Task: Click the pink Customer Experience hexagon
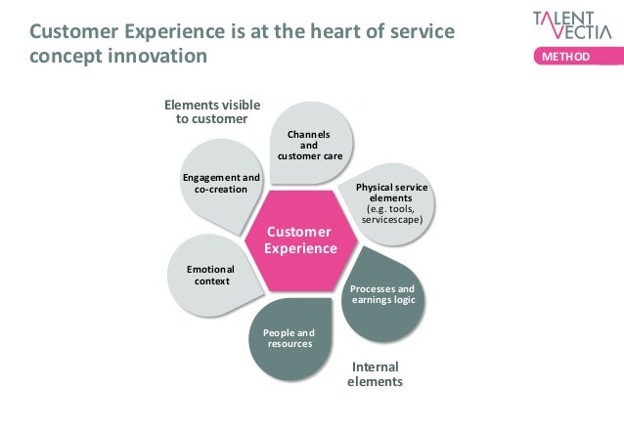(300, 240)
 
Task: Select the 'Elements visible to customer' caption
(205, 111)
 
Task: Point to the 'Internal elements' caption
(375, 374)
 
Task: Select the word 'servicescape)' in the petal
(391, 221)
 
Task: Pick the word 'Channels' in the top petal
(308, 133)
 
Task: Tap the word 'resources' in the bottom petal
(290, 344)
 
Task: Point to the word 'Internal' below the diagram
(375, 367)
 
